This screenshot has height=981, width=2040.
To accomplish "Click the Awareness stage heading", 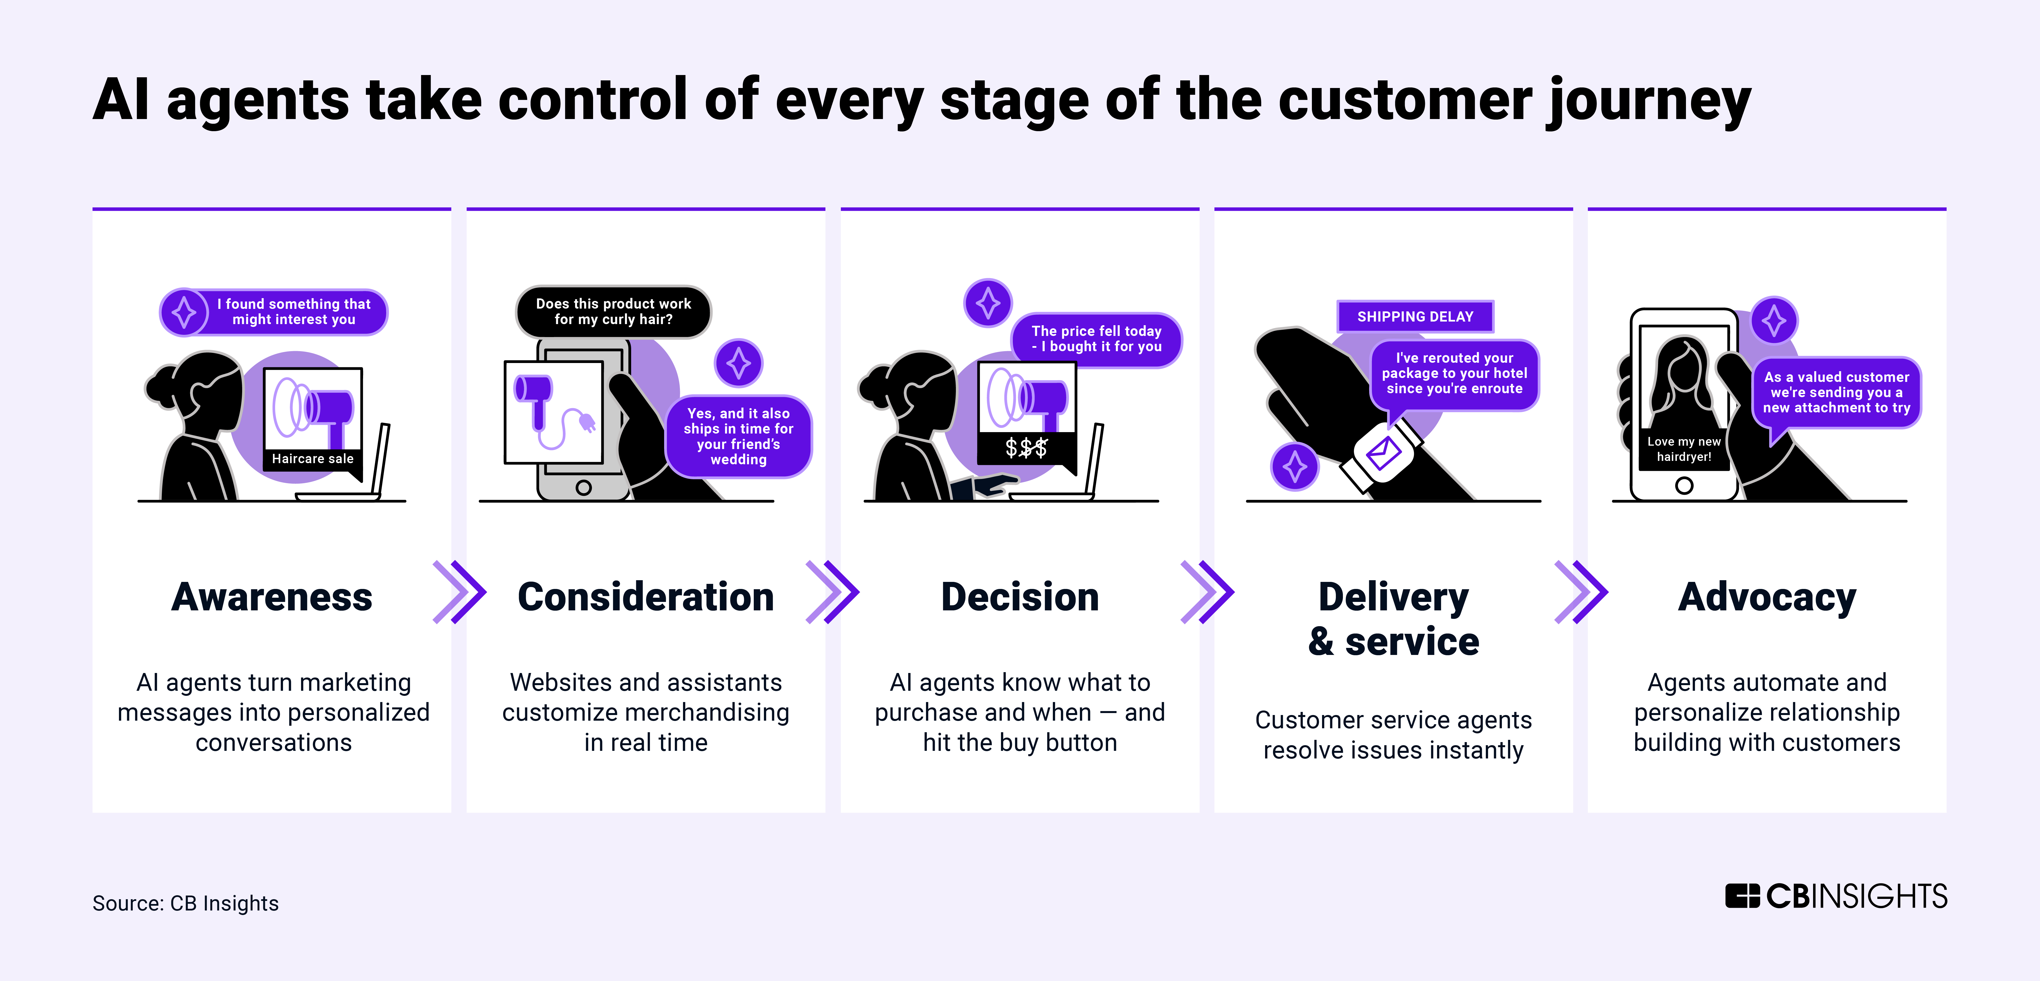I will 272,597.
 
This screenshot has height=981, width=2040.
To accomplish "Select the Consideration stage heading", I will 646,597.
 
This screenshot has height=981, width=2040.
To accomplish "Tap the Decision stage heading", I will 1020,597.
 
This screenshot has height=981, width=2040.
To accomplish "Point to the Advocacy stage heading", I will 1767,597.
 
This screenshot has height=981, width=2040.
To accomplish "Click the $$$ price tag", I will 1026,448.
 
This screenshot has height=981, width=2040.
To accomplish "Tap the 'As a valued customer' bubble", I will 1836,392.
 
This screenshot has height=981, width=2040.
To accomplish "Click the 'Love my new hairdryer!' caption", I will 1684,449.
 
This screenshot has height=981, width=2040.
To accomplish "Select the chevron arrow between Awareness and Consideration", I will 459,592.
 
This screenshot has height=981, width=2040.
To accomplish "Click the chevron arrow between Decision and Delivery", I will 1207,592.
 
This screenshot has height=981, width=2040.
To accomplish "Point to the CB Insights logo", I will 1836,896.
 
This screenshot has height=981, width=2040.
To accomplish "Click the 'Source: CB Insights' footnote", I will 185,903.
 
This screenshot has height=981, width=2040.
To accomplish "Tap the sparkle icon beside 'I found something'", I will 185,312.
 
